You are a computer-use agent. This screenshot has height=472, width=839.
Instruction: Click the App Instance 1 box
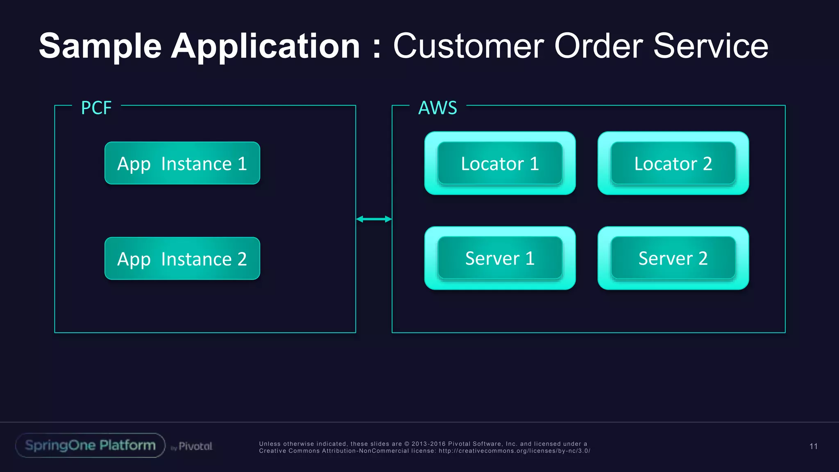(182, 163)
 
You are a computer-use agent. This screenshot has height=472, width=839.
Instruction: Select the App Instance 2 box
(182, 259)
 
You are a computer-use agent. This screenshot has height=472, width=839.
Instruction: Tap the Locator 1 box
(500, 163)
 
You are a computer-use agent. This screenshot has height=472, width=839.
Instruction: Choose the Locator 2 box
(673, 163)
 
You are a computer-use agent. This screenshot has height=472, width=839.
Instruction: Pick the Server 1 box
(500, 258)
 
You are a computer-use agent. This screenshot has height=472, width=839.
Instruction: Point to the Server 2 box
(673, 258)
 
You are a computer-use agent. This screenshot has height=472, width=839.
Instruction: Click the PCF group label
(96, 108)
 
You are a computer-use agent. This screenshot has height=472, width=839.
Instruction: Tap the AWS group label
(438, 108)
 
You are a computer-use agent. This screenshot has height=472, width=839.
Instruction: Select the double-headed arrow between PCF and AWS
(374, 219)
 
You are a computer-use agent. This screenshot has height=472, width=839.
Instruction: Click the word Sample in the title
(100, 46)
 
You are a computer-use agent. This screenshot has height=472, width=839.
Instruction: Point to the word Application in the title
(265, 46)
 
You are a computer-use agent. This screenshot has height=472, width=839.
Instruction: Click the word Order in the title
(599, 46)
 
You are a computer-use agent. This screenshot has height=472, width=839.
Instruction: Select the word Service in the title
(710, 46)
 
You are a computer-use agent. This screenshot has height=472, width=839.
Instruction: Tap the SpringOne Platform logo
(90, 445)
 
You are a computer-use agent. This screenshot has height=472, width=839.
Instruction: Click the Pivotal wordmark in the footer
(195, 446)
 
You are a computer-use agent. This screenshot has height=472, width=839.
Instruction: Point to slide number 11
(813, 446)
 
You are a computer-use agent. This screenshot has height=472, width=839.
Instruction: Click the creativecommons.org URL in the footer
(514, 451)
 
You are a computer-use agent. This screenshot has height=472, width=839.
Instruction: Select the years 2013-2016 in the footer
(429, 444)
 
